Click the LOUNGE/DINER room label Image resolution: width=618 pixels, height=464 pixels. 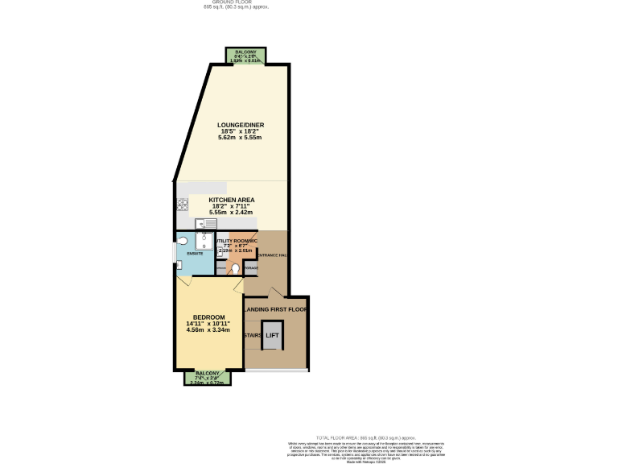[x=241, y=125]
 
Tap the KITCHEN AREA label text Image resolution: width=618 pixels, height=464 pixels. [x=232, y=199]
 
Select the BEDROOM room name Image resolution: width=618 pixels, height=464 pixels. [x=208, y=317]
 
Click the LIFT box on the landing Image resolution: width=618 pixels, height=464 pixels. [x=273, y=335]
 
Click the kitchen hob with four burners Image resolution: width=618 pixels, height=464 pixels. [x=183, y=205]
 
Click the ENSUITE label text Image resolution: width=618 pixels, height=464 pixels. [x=195, y=255]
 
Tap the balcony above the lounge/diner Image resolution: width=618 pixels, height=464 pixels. [x=246, y=55]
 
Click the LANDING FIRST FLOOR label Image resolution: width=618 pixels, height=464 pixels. [x=276, y=309]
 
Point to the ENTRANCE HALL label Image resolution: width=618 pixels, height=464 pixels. [x=273, y=255]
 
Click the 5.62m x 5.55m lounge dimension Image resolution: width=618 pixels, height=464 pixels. [x=241, y=139]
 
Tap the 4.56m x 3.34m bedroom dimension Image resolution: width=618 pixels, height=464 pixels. [x=208, y=330]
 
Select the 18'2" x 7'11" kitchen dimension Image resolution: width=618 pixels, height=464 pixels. [x=232, y=205]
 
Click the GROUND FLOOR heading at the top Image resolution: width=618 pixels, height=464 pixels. [x=234, y=2]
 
